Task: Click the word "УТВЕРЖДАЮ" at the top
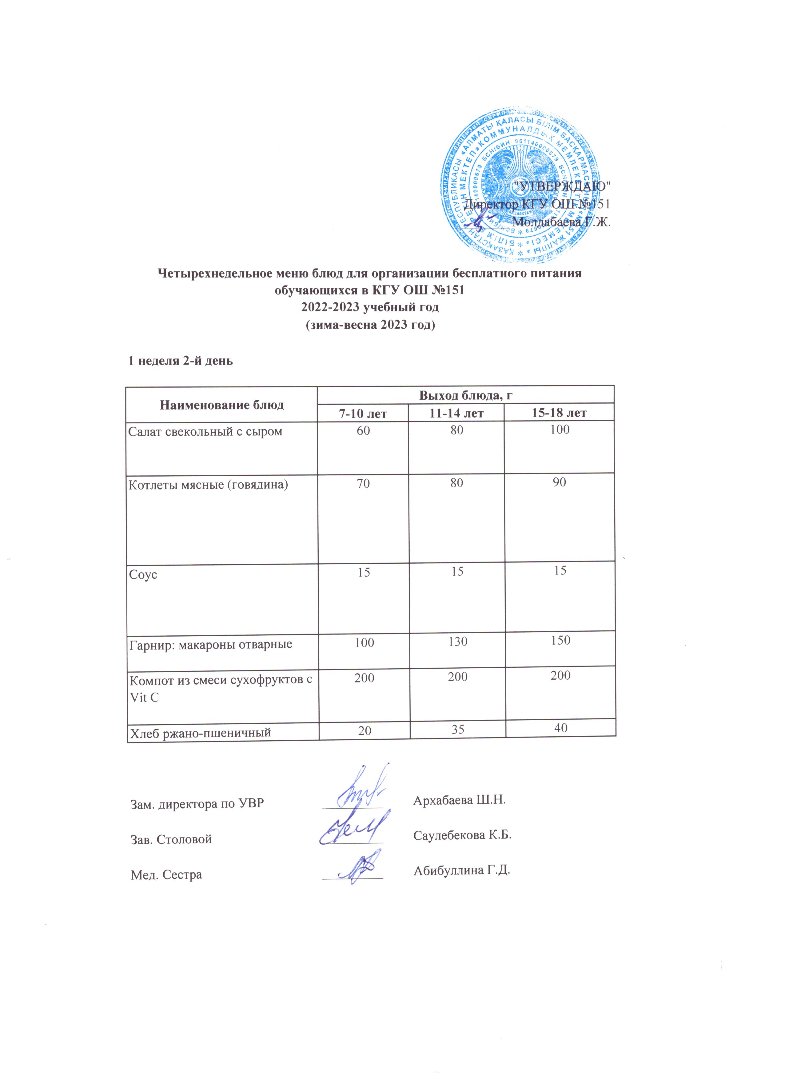[x=560, y=186]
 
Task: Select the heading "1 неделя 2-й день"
[x=181, y=361]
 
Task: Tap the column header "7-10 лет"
[x=362, y=413]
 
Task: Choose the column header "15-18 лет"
[x=559, y=412]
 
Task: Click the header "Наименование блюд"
[x=221, y=405]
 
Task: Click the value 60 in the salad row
[x=363, y=430]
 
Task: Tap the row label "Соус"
[x=143, y=575]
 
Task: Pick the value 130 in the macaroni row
[x=457, y=642]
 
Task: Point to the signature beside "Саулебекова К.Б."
[x=353, y=831]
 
